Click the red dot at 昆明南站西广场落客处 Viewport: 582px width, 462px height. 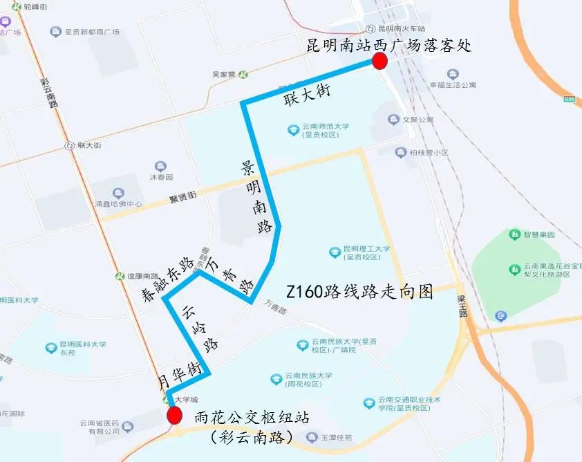tap(379, 62)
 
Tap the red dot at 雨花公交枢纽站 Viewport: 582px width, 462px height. tap(174, 416)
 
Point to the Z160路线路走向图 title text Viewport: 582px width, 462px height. tap(359, 292)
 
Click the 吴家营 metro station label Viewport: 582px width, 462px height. tap(224, 74)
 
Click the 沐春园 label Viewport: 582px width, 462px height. tap(160, 177)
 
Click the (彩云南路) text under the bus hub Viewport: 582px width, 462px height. tap(252, 437)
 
